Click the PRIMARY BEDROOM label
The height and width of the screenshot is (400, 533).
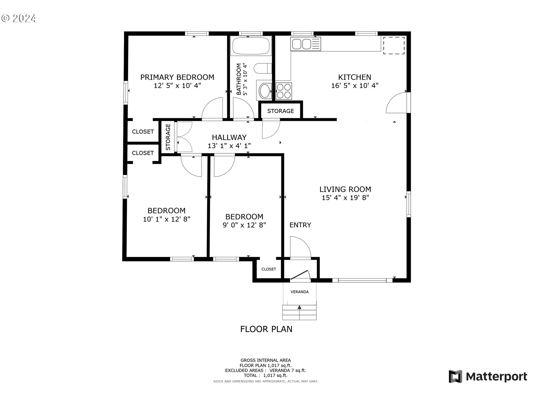click(177, 77)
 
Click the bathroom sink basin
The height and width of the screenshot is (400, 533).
click(265, 91)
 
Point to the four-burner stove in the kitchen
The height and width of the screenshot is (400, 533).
click(284, 91)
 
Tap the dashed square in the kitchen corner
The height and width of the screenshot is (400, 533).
click(394, 46)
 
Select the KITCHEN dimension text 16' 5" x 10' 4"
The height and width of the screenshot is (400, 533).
click(355, 86)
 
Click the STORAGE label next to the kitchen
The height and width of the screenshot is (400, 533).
click(280, 111)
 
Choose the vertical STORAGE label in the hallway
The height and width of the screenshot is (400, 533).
click(168, 137)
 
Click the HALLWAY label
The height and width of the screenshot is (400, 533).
click(229, 137)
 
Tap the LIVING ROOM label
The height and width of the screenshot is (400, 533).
click(345, 189)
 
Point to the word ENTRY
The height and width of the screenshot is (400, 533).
click(300, 225)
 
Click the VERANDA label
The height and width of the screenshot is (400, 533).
click(300, 292)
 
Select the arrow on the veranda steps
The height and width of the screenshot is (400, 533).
click(300, 307)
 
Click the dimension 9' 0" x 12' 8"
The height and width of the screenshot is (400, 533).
click(244, 225)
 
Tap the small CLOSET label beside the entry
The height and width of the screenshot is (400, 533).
click(269, 269)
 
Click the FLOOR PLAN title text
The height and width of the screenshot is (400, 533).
click(266, 329)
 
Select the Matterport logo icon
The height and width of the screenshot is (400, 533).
click(455, 376)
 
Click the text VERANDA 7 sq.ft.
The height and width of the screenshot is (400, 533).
click(288, 371)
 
